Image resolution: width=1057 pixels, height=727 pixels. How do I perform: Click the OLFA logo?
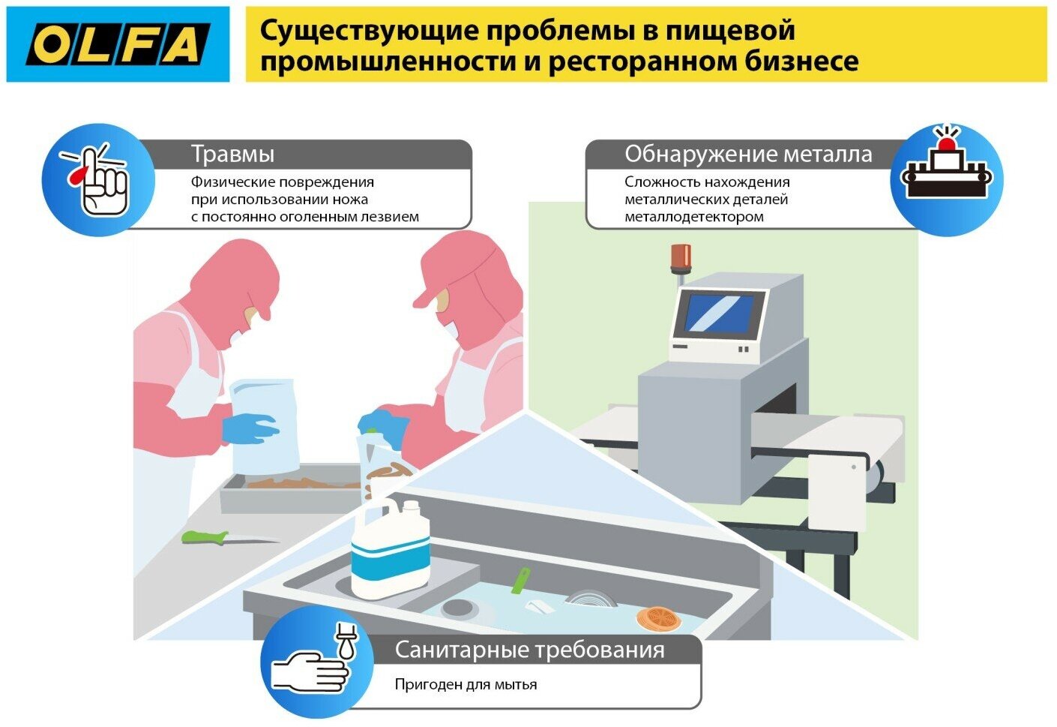click(x=118, y=44)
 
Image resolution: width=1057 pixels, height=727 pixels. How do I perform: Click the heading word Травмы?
click(x=232, y=154)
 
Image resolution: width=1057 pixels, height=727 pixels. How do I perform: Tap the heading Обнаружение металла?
click(x=748, y=154)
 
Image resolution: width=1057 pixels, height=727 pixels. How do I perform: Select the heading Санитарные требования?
click(x=529, y=649)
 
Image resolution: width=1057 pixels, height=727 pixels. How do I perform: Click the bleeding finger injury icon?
click(x=98, y=180)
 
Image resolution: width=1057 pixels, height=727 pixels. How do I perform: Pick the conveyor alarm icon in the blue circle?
click(x=946, y=170)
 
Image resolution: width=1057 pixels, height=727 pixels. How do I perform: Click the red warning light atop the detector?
click(x=681, y=257)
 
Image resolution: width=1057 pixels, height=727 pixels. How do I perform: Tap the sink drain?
click(x=457, y=608)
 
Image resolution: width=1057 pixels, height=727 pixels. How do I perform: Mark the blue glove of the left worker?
click(x=250, y=428)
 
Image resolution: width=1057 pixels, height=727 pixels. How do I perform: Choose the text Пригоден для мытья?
click(x=466, y=684)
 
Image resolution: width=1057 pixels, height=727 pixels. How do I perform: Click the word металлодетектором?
click(x=694, y=217)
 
